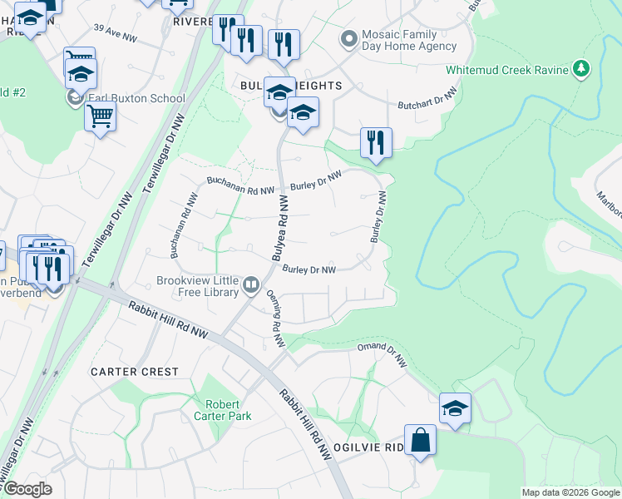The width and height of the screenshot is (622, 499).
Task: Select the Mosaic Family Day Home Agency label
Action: (408, 42)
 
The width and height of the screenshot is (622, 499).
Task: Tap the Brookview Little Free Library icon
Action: (251, 287)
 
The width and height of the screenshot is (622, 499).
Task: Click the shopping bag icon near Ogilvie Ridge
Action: (421, 440)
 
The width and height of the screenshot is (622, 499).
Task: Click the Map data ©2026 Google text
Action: (570, 492)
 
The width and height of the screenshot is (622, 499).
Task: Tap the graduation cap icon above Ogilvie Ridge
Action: (455, 408)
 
